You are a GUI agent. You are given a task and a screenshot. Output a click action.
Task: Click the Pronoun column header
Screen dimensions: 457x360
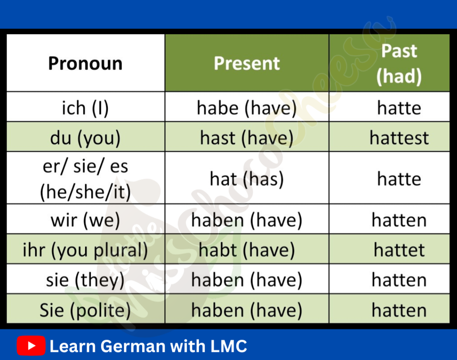point(85,63)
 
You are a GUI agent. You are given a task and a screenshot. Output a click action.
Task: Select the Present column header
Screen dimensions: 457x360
point(247,63)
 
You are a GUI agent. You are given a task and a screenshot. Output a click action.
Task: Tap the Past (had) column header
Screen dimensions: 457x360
point(390,63)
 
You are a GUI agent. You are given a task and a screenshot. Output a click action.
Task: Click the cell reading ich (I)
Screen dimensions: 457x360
point(85,107)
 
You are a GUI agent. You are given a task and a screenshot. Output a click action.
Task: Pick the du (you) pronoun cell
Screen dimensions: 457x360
point(85,137)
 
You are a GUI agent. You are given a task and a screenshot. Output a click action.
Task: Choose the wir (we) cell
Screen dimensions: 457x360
point(85,219)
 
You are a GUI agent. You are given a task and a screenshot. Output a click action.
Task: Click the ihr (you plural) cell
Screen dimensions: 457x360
point(85,249)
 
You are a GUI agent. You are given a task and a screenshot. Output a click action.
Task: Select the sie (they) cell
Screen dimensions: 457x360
point(85,279)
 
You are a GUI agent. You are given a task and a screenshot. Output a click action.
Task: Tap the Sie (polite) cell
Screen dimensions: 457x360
point(85,309)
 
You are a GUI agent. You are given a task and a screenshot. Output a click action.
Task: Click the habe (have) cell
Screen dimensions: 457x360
point(247,107)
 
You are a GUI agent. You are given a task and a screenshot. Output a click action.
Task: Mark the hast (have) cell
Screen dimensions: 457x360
point(247,137)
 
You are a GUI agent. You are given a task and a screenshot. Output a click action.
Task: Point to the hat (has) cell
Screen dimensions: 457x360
point(247,178)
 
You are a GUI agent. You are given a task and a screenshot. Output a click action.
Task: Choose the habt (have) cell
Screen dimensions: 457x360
point(247,249)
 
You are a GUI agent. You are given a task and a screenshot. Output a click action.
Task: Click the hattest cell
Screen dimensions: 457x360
point(390,137)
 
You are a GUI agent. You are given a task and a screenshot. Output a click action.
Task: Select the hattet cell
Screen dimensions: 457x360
point(390,249)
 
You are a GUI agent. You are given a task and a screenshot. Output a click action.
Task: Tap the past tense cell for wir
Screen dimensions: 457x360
point(390,219)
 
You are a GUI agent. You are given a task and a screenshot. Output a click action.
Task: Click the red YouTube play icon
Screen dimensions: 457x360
point(31,346)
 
